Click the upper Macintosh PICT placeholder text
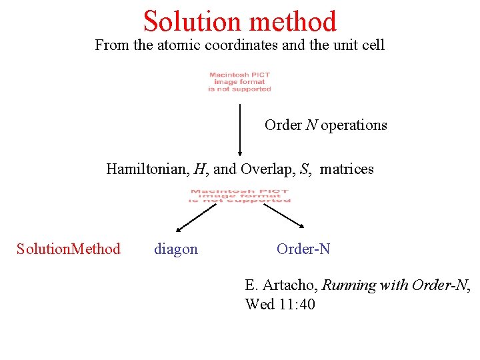pyautogui.click(x=239, y=82)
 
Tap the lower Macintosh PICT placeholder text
pyautogui.click(x=239, y=195)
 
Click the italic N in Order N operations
pyautogui.click(x=312, y=125)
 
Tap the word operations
pyautogui.click(x=354, y=125)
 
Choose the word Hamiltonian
pyautogui.click(x=147, y=169)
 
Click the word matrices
pyautogui.click(x=347, y=169)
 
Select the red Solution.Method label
pyautogui.click(x=69, y=249)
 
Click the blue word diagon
pyautogui.click(x=176, y=249)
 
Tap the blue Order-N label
pyautogui.click(x=303, y=249)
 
